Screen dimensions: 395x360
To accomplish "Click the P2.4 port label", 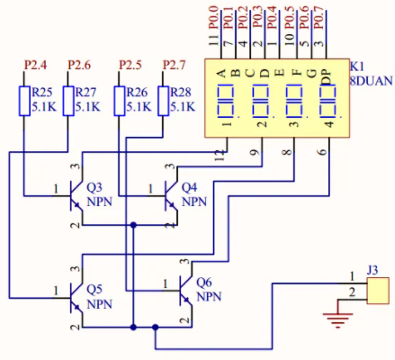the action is click(36, 65).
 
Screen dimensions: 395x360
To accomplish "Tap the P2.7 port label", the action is click(175, 65).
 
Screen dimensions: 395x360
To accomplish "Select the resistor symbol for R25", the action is click(24, 101).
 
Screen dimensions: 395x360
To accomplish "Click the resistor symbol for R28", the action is click(164, 101).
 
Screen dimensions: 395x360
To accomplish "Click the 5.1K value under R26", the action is click(139, 107).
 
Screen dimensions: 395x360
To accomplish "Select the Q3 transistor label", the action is click(94, 187).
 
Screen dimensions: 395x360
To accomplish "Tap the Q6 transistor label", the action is click(204, 283).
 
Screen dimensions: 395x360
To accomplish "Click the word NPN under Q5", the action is click(99, 304).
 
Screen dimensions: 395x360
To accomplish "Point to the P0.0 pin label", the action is click(213, 18).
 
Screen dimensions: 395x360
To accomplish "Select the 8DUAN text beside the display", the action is click(372, 81).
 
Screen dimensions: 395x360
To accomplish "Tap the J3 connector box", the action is click(378, 291).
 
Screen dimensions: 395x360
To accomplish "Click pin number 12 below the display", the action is click(220, 156).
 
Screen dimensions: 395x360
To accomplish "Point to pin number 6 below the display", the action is click(322, 151).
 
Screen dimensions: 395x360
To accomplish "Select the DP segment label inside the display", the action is click(327, 77).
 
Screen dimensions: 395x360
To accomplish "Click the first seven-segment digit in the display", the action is click(225, 101).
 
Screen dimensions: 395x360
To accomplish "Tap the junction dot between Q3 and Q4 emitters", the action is click(133, 225).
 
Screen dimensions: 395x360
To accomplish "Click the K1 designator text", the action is click(356, 67).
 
